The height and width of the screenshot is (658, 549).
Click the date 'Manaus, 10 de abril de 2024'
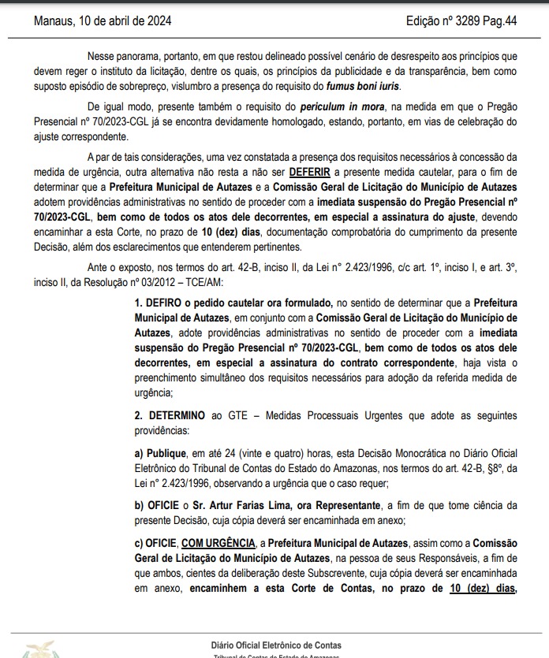[x=103, y=20]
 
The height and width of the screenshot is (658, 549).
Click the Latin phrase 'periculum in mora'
[x=343, y=106]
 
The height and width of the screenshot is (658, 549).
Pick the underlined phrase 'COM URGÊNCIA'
[x=218, y=544]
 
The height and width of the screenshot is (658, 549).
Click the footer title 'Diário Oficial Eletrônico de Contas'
[x=276, y=644]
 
